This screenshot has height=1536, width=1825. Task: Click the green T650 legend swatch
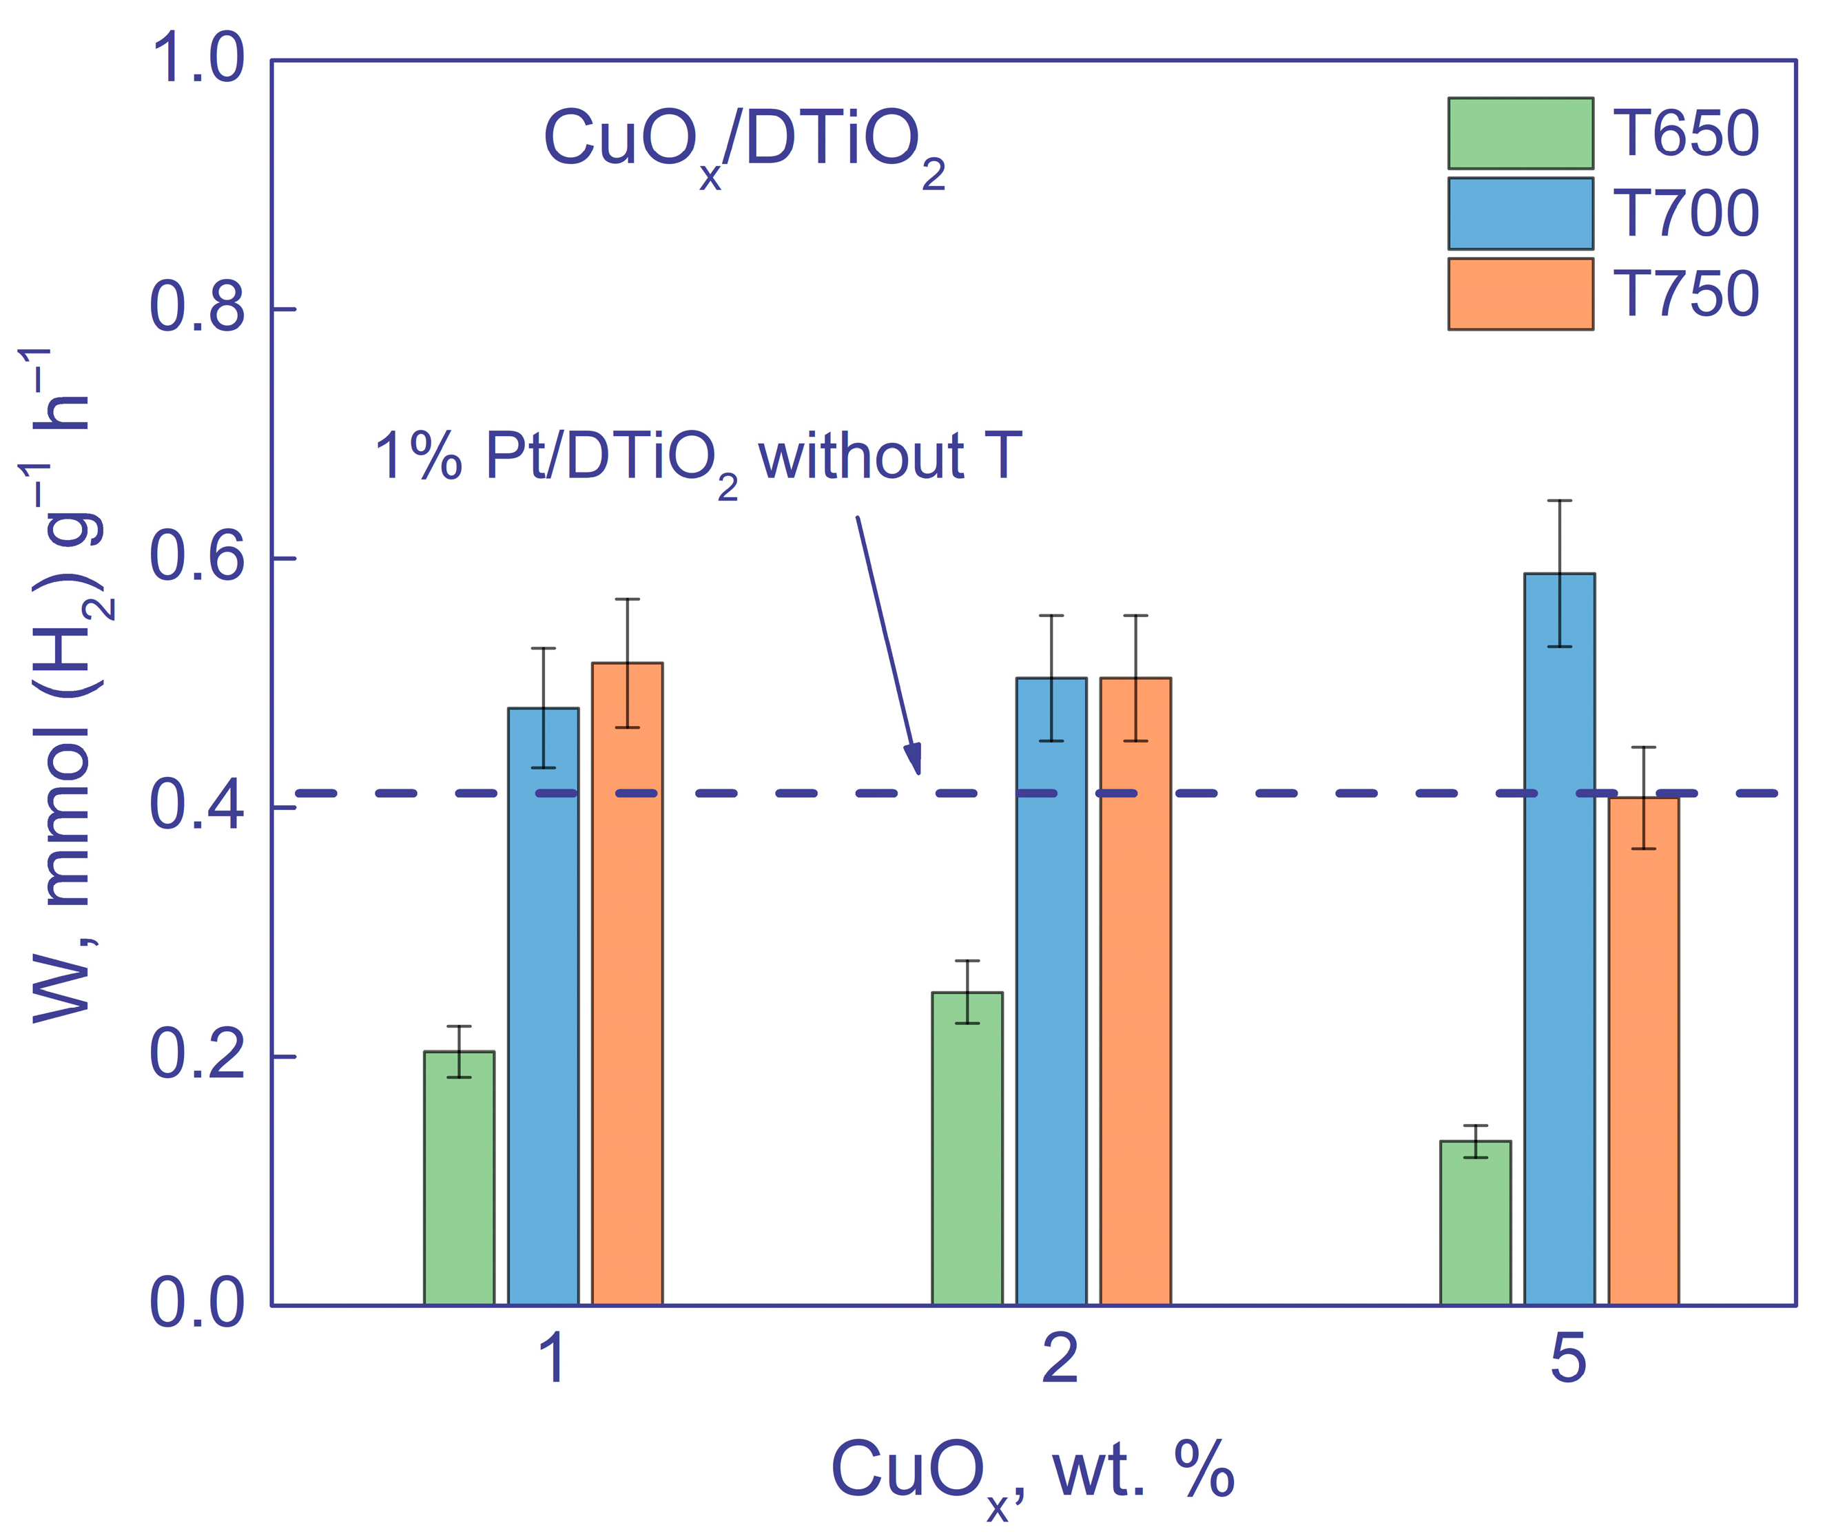[1520, 133]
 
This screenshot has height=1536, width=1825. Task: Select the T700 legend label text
[1686, 214]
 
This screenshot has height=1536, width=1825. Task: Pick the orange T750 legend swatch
[1520, 293]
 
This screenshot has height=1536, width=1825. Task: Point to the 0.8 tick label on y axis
[197, 309]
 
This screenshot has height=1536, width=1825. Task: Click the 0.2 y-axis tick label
[197, 1056]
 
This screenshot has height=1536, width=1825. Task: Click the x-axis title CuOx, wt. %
[1033, 1471]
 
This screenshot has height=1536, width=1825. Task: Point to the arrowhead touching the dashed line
[914, 761]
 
